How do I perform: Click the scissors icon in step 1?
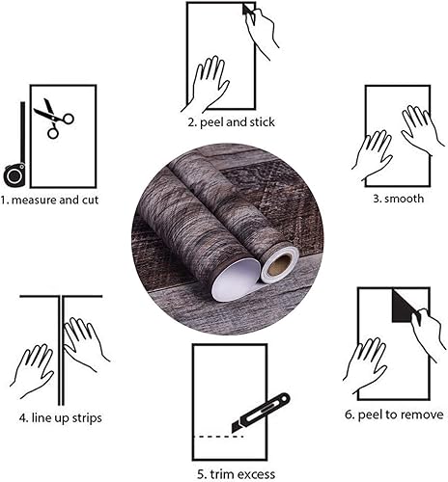coord(52,119)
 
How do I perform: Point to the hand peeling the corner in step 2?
coord(262,33)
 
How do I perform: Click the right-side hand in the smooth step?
coord(420,130)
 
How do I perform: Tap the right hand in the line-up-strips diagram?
coord(85,342)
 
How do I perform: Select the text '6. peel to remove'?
coord(395,415)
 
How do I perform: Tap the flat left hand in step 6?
coord(365,365)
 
